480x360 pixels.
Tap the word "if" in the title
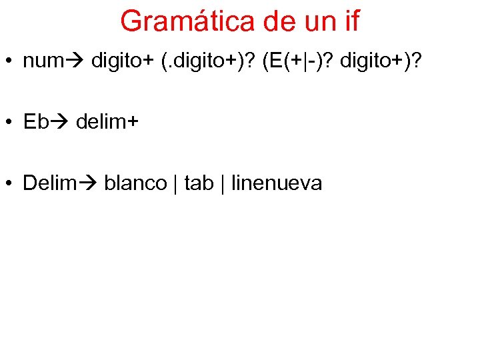[x=350, y=21]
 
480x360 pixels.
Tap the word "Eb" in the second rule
[x=35, y=122]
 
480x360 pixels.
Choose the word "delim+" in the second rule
[x=108, y=122]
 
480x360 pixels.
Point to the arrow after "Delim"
[x=89, y=183]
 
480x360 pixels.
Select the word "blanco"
[x=135, y=183]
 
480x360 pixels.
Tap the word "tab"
[x=199, y=183]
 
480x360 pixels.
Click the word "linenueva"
[x=277, y=183]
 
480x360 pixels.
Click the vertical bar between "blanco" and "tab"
[x=175, y=183]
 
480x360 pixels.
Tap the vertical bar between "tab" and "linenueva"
[x=223, y=183]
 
